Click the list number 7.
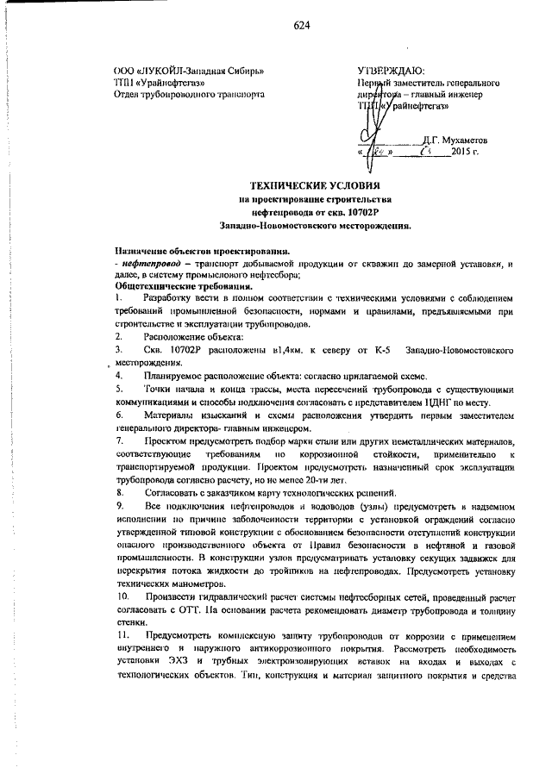[119, 440]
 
